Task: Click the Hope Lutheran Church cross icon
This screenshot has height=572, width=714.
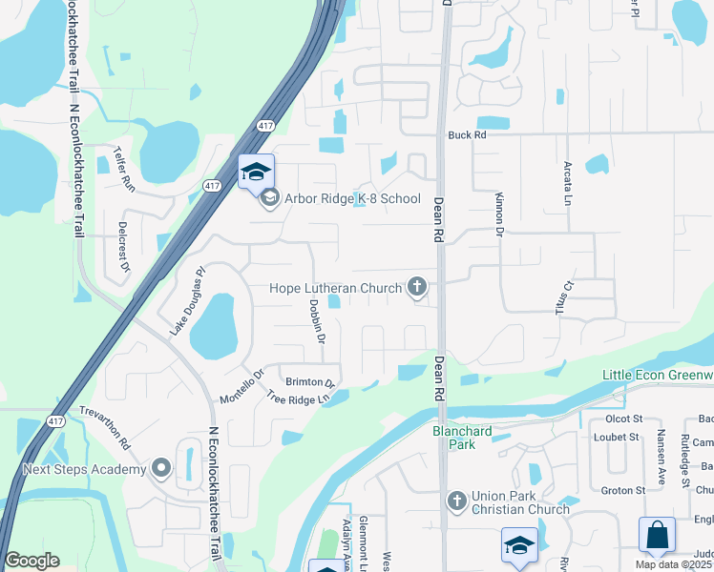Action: tap(416, 286)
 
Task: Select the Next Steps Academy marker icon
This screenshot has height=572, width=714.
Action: tap(160, 468)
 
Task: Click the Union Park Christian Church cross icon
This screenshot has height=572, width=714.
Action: tap(456, 500)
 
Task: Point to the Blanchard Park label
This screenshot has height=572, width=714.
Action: tap(462, 438)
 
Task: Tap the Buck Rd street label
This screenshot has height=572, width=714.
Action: tap(468, 135)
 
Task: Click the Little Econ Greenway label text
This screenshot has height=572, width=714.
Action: tap(658, 375)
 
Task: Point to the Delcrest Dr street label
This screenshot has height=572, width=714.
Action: tap(123, 247)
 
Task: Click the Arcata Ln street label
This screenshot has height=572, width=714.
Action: tap(567, 184)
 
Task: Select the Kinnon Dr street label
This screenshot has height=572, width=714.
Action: tap(498, 213)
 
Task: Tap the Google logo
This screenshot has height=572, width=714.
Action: tap(31, 561)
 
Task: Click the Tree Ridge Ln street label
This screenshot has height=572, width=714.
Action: tap(304, 398)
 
